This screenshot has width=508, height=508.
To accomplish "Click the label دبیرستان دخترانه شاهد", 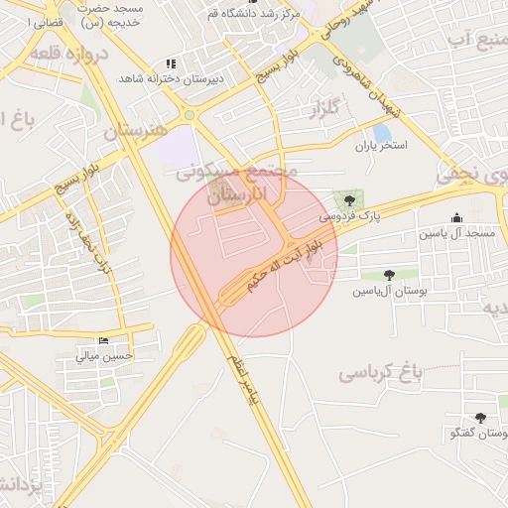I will pos(172,77).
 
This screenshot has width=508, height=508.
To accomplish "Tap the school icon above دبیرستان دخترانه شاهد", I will pos(172,63).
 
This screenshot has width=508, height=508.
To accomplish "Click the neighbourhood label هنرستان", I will pos(138,130).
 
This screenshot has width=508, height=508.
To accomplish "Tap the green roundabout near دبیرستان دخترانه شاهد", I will pos(189,115).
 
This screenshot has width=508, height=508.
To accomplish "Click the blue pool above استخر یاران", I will pos(382,133).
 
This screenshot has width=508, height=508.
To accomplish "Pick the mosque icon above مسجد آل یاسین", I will pos(456,218).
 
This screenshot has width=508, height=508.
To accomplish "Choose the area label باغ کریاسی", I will pos(381,373).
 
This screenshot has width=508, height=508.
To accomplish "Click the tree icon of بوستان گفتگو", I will pos(481,419).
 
